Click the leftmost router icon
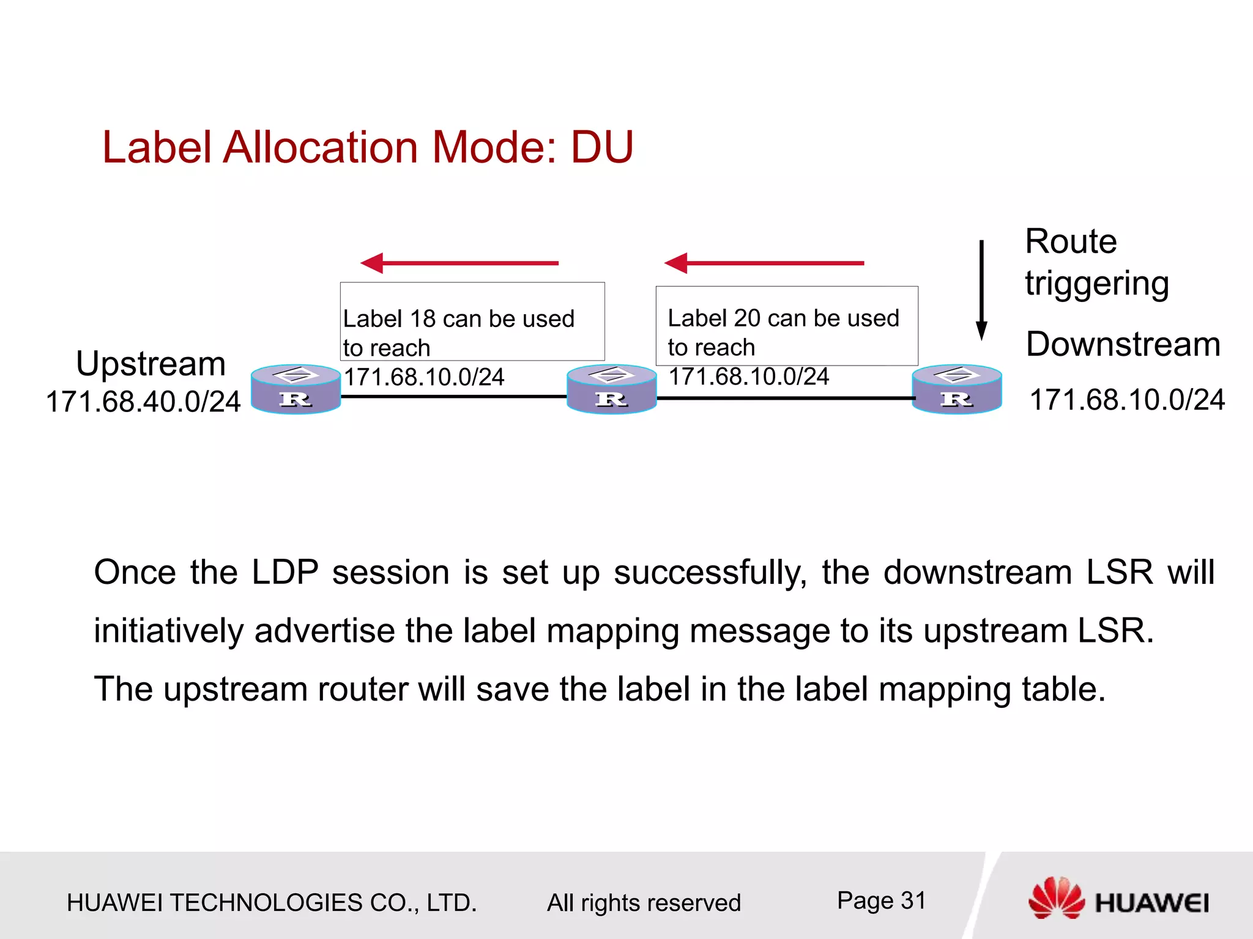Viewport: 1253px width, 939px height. (296, 389)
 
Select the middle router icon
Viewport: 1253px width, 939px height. (611, 389)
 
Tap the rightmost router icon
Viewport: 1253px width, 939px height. (956, 389)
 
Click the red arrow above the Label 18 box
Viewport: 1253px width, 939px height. (459, 263)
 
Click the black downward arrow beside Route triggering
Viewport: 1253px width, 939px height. (981, 290)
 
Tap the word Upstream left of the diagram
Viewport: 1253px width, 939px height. (151, 364)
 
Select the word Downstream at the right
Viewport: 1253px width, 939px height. (1123, 344)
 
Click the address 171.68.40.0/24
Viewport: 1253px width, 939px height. (143, 402)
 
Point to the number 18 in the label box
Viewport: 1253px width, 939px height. (422, 319)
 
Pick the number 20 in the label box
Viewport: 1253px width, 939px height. (746, 319)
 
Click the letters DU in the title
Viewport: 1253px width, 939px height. (601, 147)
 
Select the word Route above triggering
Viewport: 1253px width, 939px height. (1071, 241)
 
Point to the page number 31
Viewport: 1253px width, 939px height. (913, 900)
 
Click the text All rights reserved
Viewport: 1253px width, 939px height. (644, 903)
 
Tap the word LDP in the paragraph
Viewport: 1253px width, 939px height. (285, 573)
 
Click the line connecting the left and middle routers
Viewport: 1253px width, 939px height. (453, 397)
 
